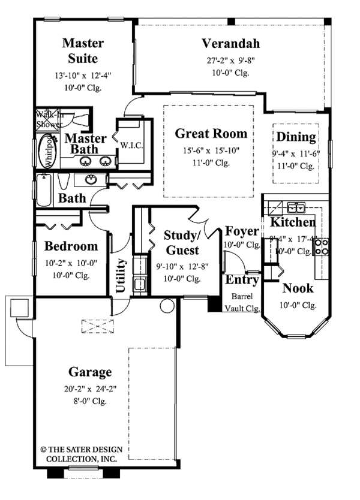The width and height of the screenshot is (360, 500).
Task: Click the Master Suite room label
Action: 83,51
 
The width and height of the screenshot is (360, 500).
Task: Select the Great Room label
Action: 211,134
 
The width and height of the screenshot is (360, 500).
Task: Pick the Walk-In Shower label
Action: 49,119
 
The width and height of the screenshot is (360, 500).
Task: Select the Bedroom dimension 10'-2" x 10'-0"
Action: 71,263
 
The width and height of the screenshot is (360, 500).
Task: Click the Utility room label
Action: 121,275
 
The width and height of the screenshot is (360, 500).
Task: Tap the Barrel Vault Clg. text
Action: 242,303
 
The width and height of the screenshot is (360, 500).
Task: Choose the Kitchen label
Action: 293,222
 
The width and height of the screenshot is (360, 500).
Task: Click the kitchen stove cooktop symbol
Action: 321,246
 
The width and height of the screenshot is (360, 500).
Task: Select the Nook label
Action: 298,288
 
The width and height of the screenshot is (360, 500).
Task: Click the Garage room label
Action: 91,372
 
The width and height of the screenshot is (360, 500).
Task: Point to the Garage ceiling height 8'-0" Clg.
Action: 91,401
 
